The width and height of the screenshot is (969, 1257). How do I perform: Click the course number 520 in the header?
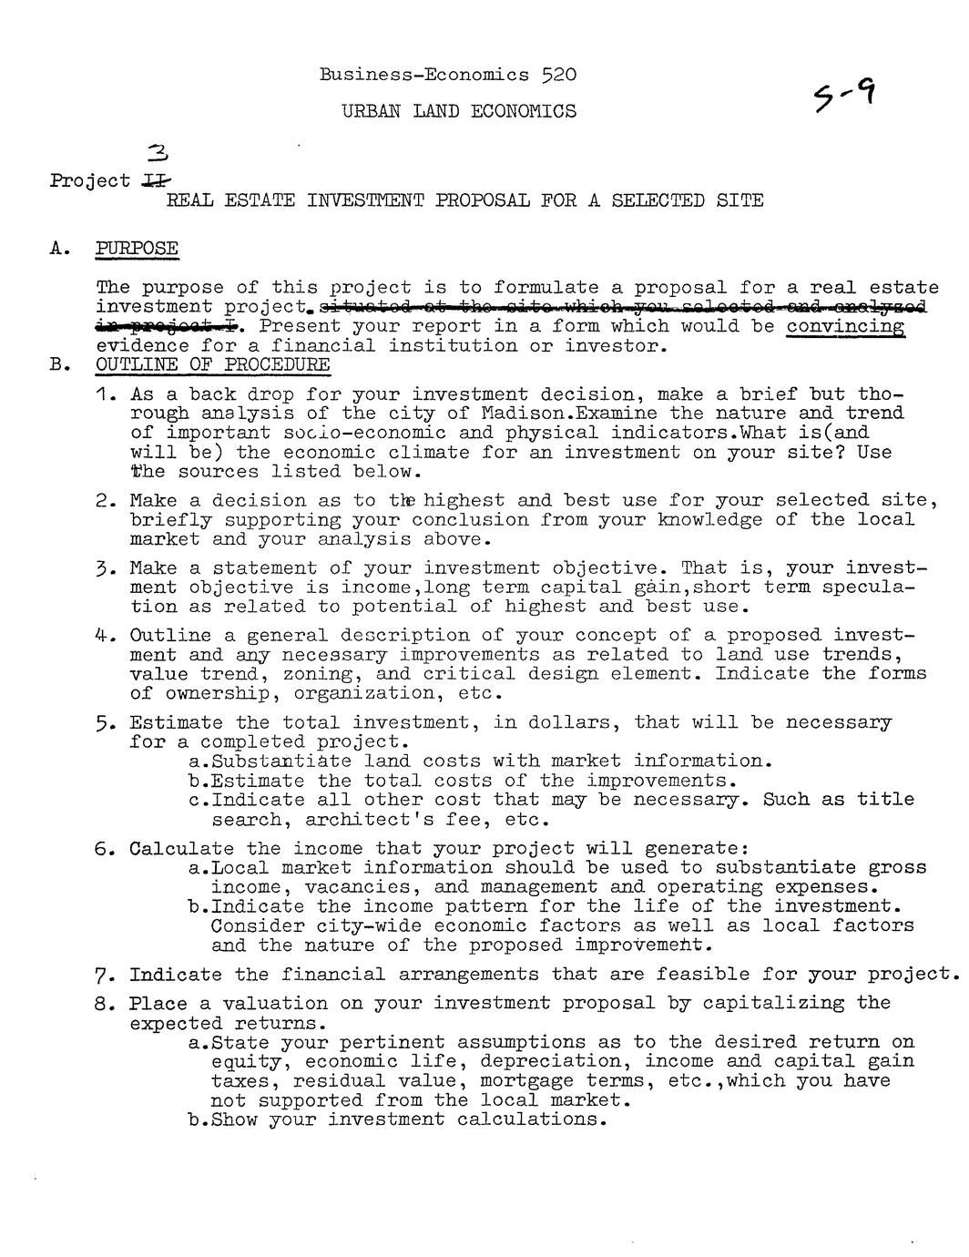click(x=558, y=74)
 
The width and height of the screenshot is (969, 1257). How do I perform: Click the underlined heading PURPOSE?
click(x=138, y=248)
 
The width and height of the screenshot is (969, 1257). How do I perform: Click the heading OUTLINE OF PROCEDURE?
click(x=213, y=365)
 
